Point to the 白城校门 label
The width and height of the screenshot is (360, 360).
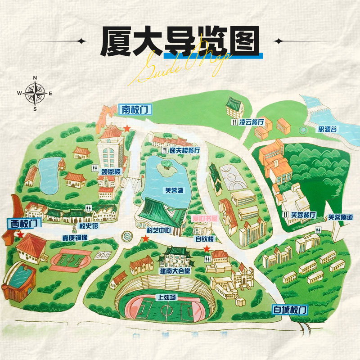290,310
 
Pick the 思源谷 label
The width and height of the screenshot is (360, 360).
327,129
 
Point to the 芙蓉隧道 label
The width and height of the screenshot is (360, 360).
340,217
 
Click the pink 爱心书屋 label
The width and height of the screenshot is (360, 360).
205,218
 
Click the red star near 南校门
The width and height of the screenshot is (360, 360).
127,128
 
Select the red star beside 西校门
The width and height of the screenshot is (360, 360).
20,234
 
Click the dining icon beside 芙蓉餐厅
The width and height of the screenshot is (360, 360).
285,214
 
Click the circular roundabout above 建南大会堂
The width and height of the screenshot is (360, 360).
126,235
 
